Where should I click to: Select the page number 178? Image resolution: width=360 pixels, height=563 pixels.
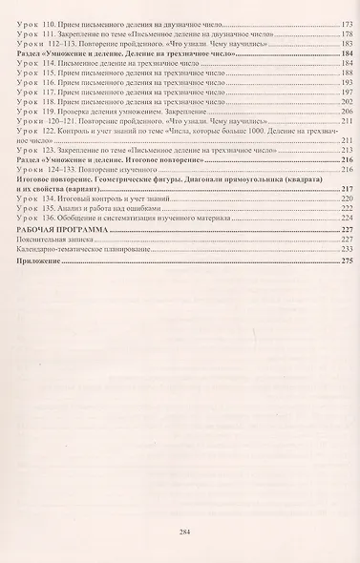pyautogui.click(x=348, y=33)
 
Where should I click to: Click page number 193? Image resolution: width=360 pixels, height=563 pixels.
pyautogui.click(x=348, y=81)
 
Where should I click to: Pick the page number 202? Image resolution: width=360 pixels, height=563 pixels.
pyautogui.click(x=348, y=101)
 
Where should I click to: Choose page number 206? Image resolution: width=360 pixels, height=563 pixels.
pyautogui.click(x=348, y=112)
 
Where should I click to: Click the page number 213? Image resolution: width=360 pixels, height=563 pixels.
pyautogui.click(x=348, y=151)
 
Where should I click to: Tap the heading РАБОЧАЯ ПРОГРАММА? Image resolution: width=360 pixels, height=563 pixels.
pyautogui.click(x=57, y=232)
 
